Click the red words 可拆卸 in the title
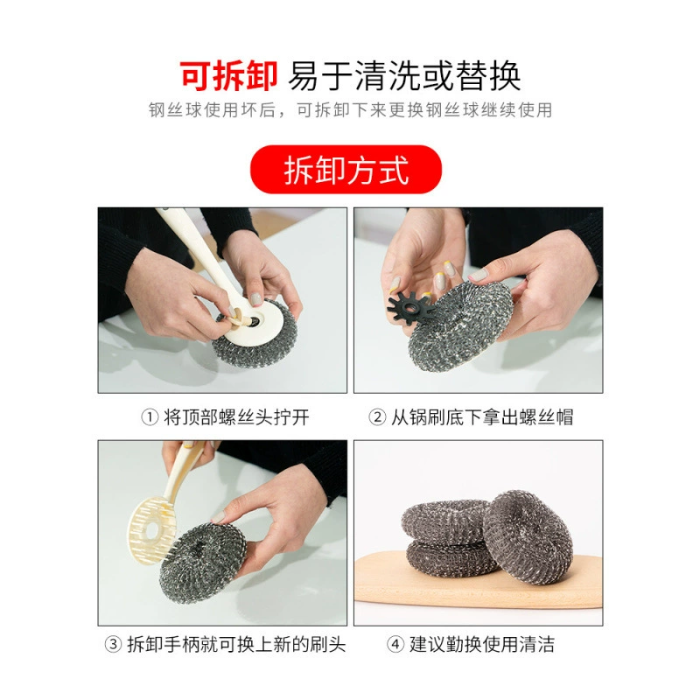tap(229, 76)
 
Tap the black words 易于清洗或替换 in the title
tap(404, 76)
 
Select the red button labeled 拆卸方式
tap(346, 170)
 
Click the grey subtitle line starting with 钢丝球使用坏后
tap(351, 110)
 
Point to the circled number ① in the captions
tap(150, 418)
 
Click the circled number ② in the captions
tap(377, 418)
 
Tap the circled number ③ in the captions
tap(113, 645)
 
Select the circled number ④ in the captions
tap(395, 645)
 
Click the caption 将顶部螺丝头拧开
tap(236, 418)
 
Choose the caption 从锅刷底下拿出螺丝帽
tap(482, 418)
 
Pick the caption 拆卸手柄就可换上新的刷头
tap(236, 645)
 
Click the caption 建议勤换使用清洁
tap(482, 645)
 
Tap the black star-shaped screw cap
tap(409, 306)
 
